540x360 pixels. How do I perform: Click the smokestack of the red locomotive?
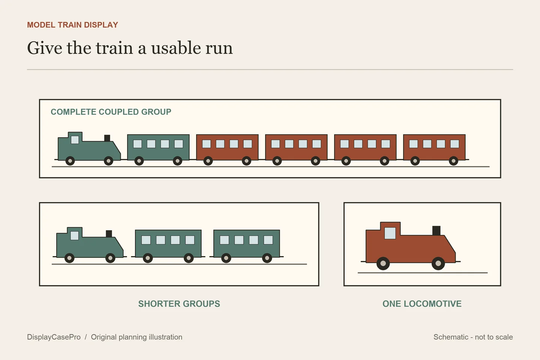[x=436, y=231]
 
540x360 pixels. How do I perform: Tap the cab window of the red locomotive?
[x=390, y=233]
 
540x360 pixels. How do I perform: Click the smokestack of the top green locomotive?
[x=107, y=138]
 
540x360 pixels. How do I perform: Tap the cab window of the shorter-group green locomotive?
[x=75, y=235]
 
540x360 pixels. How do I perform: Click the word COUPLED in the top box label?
[x=118, y=112]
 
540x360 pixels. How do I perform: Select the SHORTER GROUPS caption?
[x=179, y=304]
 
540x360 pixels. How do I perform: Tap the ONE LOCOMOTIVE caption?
[x=422, y=304]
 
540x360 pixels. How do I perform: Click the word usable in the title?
[x=176, y=48]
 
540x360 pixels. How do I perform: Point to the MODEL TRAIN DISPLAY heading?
[x=73, y=25]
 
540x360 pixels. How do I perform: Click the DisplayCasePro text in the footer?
[x=54, y=337]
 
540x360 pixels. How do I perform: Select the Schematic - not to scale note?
[x=473, y=337]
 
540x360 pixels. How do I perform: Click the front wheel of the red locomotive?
[x=438, y=263]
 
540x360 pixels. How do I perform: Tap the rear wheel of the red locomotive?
[x=383, y=263]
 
